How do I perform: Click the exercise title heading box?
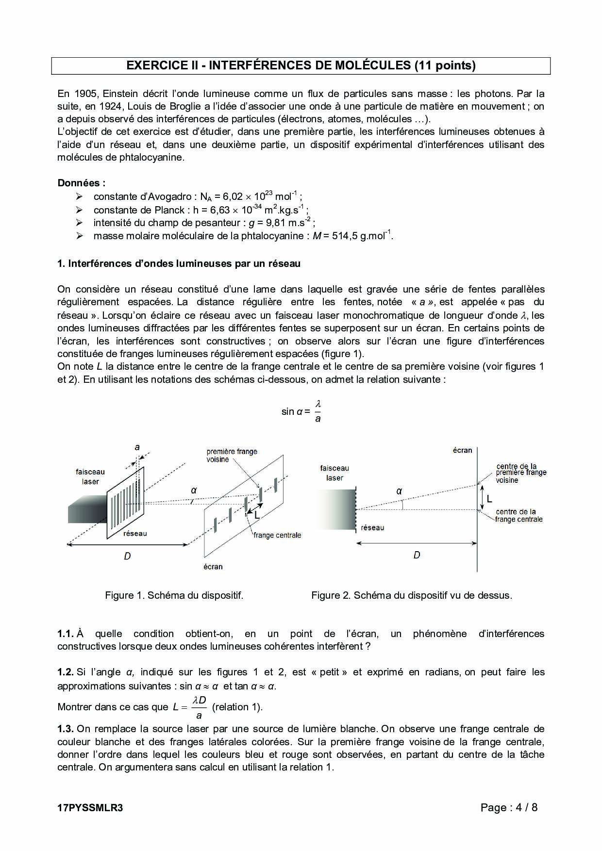pos(301,65)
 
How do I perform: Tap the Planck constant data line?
pos(201,210)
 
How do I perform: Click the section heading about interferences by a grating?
pos(179,263)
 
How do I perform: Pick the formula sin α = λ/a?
pos(301,411)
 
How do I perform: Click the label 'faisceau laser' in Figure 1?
pos(90,476)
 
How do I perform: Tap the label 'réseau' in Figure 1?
pos(135,533)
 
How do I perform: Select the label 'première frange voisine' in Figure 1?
pos(232,455)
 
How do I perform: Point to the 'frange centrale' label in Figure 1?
pos(277,535)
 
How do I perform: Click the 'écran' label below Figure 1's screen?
pos(213,566)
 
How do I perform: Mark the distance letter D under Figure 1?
pos(127,556)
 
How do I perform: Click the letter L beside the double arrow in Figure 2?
pos(489,498)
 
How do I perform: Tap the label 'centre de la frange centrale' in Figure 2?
pos(518,515)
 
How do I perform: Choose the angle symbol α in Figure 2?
pos(399,491)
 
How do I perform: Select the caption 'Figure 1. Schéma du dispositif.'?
pos(174,595)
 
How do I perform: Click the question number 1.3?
pos(65,729)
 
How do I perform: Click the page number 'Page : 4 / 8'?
pos(509,807)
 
